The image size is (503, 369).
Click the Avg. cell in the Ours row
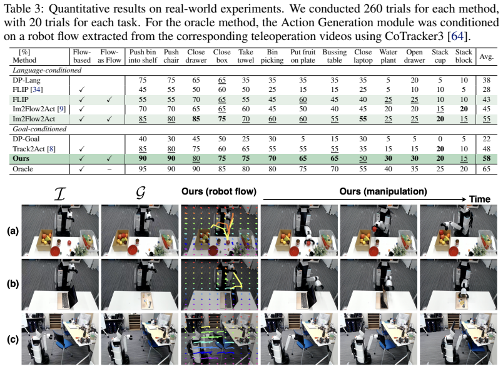pyautogui.click(x=486, y=158)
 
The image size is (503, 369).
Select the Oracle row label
pyautogui.click(x=23, y=169)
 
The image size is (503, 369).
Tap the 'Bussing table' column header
pyautogui.click(x=334, y=56)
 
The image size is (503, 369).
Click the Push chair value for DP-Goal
pyautogui.click(x=171, y=139)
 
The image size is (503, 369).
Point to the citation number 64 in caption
pyautogui.click(x=457, y=36)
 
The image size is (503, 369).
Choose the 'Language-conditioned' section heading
pyautogui.click(x=47, y=70)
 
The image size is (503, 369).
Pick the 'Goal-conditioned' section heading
pyautogui.click(x=39, y=129)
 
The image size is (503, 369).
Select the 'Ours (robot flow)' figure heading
pyautogui.click(x=219, y=192)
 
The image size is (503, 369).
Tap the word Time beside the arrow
pyautogui.click(x=480, y=199)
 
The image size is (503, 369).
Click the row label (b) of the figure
pyautogui.click(x=13, y=284)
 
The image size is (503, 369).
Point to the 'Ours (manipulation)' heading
pyautogui.click(x=383, y=192)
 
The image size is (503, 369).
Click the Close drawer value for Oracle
pyautogui.click(x=196, y=169)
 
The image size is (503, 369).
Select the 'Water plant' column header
pyautogui.click(x=388, y=56)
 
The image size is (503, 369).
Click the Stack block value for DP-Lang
pyautogui.click(x=464, y=80)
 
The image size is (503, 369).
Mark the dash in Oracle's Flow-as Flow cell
pyautogui.click(x=109, y=169)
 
